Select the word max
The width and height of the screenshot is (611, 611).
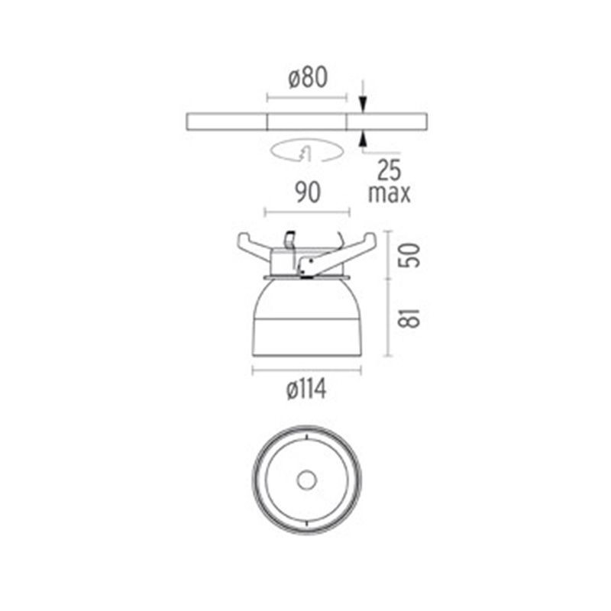pyautogui.click(x=390, y=193)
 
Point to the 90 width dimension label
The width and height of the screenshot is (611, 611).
pyautogui.click(x=307, y=193)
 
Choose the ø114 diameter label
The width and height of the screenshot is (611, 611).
pyautogui.click(x=307, y=390)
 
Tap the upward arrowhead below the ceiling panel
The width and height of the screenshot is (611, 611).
pyautogui.click(x=363, y=137)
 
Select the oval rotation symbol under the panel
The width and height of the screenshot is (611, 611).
pyautogui.click(x=305, y=151)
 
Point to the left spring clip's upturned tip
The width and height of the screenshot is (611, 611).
pyautogui.click(x=243, y=239)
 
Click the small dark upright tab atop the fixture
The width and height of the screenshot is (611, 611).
pyautogui.click(x=289, y=238)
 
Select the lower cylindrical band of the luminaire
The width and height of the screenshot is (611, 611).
pyautogui.click(x=307, y=339)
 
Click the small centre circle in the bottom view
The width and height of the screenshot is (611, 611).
pyautogui.click(x=307, y=480)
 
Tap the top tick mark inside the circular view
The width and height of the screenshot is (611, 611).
pyautogui.click(x=307, y=436)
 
